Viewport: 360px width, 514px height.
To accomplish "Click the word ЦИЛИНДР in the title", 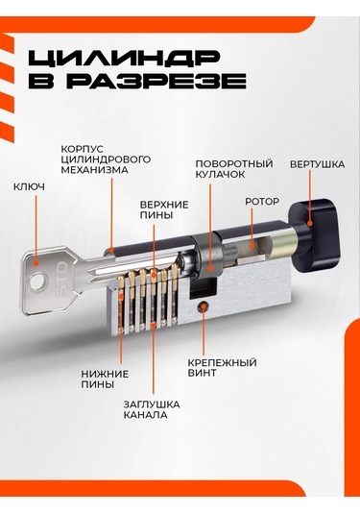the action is pyautogui.click(x=124, y=58).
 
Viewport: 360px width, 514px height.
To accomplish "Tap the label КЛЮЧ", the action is pyautogui.click(x=29, y=186).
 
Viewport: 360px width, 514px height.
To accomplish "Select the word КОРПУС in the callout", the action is pyautogui.click(x=83, y=149).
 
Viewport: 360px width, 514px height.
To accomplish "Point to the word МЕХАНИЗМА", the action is pyautogui.click(x=95, y=170).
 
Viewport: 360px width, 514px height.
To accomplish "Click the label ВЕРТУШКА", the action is pyautogui.click(x=317, y=164).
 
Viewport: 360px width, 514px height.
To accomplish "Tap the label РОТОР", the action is pyautogui.click(x=262, y=201).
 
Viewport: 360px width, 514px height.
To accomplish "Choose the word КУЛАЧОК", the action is pyautogui.click(x=220, y=174).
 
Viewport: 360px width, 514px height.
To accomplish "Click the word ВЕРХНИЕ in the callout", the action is pyautogui.click(x=164, y=205).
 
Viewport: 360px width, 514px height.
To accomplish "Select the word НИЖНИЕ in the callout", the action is pyautogui.click(x=105, y=374).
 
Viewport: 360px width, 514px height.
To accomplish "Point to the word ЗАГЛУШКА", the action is pyautogui.click(x=152, y=404).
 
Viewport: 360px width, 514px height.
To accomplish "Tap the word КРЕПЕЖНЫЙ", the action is pyautogui.click(x=222, y=363).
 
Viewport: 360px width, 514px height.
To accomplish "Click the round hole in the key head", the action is pyautogui.click(x=39, y=281).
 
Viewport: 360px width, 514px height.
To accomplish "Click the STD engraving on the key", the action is pyautogui.click(x=61, y=280).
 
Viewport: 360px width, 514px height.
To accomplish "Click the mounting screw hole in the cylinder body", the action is pyautogui.click(x=204, y=306).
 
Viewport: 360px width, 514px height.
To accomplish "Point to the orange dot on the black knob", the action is pyautogui.click(x=310, y=223).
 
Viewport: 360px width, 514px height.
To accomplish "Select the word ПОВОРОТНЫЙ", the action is pyautogui.click(x=234, y=163).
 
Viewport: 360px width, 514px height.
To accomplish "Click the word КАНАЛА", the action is pyautogui.click(x=145, y=415).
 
